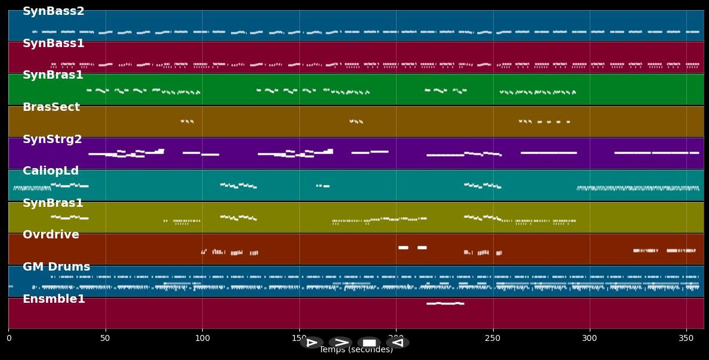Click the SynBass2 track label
(54, 11)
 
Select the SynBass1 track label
(54, 44)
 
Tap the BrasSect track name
(51, 107)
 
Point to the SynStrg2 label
(52, 139)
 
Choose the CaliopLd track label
(51, 171)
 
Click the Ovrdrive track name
(51, 235)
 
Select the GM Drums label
(56, 267)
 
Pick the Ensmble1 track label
(54, 299)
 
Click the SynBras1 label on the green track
(53, 75)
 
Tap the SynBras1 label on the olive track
(53, 203)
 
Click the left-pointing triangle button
(397, 343)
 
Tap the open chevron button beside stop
(340, 343)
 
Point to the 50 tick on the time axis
(106, 338)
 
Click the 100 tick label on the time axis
(202, 338)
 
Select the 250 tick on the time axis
(493, 338)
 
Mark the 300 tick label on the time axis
(590, 338)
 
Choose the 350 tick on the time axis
(686, 338)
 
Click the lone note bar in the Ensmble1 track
(445, 303)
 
